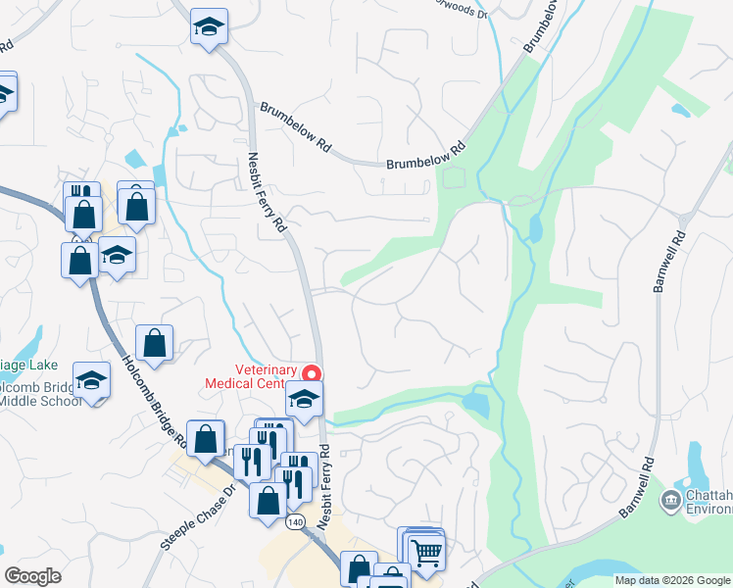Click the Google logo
32,576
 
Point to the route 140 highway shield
295,522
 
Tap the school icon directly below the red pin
305,399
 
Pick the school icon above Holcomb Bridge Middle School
91,379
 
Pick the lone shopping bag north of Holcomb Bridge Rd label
154,343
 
